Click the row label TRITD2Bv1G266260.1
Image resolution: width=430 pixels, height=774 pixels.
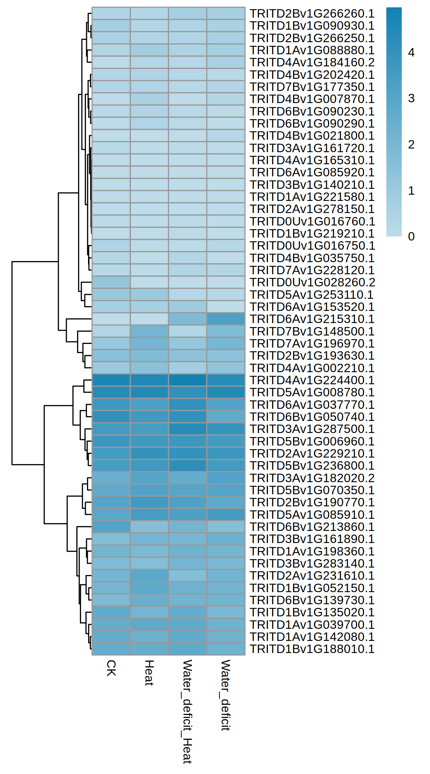tap(312, 14)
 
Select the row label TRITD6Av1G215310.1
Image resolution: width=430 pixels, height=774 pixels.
tap(312, 319)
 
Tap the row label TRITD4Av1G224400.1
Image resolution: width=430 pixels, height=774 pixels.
tap(312, 380)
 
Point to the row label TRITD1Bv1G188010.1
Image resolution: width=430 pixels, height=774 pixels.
tap(312, 649)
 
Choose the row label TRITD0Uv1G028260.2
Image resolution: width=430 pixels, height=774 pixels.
tap(312, 282)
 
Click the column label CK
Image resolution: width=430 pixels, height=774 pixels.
tap(111, 668)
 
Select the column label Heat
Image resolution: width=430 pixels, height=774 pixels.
tap(149, 672)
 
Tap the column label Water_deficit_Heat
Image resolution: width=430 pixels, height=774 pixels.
tap(187, 711)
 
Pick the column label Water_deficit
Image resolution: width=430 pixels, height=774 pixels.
tap(226, 695)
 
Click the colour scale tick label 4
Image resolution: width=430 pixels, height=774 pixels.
tap(411, 52)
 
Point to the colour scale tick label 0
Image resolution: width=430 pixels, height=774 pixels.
tap(411, 236)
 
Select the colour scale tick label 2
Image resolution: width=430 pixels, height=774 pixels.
tap(411, 144)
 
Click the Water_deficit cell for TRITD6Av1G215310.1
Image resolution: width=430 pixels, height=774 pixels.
tap(226, 319)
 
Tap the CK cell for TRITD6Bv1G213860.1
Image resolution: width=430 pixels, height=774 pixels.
tap(111, 527)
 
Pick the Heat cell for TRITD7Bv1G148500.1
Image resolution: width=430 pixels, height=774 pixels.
tap(149, 331)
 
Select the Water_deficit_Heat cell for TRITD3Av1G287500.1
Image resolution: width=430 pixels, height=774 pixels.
tap(187, 429)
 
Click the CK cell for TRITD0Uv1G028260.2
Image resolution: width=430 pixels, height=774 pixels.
tap(111, 282)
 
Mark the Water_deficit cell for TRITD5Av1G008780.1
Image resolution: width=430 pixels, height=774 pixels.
tap(226, 392)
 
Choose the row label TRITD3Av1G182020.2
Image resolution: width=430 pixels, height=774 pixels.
tap(312, 478)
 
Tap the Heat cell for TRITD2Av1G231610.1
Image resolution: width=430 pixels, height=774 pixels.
tap(149, 576)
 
